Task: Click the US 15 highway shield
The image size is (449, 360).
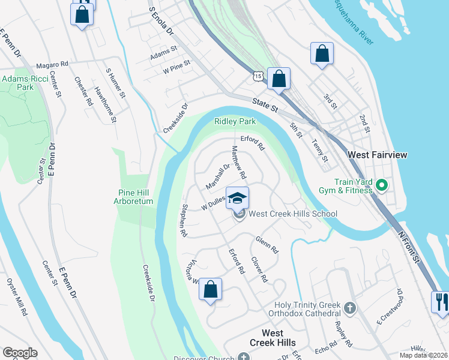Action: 258,76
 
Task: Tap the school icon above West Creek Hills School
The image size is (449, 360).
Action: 238,197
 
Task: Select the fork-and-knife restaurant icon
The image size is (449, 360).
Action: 441,301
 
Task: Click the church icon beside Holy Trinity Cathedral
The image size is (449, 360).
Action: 350,308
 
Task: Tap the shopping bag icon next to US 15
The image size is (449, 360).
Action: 279,79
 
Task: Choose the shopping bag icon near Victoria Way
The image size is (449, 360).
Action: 211,290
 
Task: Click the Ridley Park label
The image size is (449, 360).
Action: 235,121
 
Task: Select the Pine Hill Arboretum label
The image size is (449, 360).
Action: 134,197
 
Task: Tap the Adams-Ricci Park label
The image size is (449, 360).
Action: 25,83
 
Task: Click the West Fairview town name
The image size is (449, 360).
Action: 378,155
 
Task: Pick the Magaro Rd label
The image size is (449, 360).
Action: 52,64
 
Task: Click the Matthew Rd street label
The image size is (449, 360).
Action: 239,163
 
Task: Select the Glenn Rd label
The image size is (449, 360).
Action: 267,244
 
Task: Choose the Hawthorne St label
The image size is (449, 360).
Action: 105,105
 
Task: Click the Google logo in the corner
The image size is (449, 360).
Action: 20,353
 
